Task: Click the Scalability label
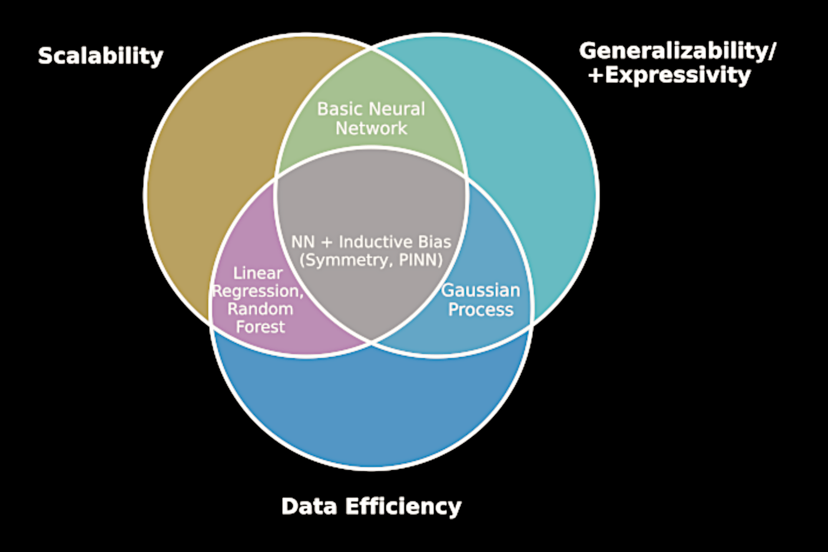(x=100, y=56)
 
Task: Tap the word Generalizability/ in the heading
(x=677, y=51)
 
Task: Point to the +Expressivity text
(x=670, y=75)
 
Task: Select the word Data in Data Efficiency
(x=309, y=506)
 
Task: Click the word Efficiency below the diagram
(x=403, y=506)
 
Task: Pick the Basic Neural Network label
(x=371, y=118)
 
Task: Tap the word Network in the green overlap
(x=371, y=128)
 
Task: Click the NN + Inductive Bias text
(x=371, y=242)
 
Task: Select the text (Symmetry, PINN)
(x=371, y=260)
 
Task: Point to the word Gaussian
(x=481, y=290)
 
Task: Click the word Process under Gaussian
(x=481, y=310)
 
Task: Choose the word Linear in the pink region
(x=258, y=273)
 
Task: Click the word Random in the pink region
(x=260, y=309)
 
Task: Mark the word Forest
(x=260, y=327)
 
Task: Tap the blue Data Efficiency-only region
(x=371, y=406)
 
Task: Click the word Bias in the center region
(x=435, y=242)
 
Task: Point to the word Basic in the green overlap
(x=338, y=109)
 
